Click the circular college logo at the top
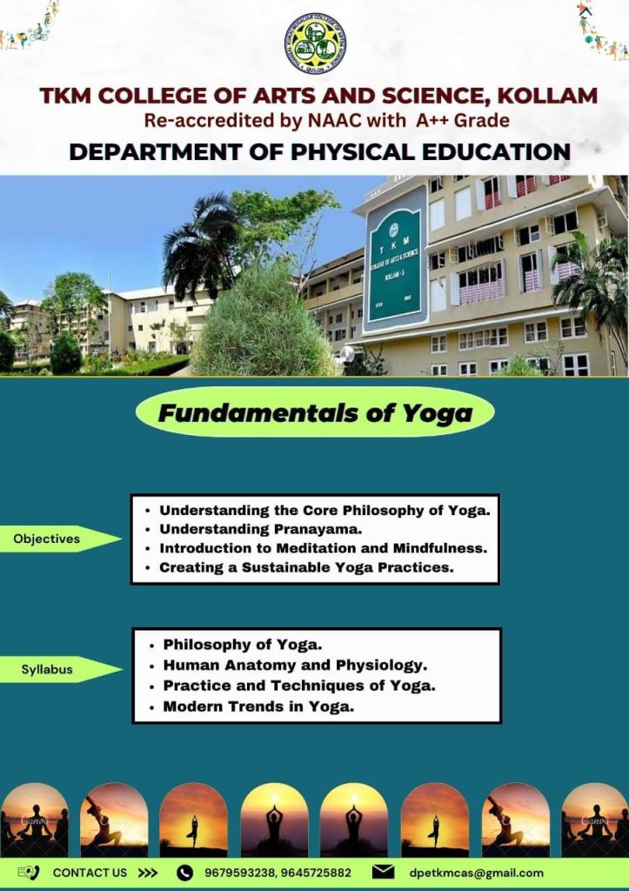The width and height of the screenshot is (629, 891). tap(315, 44)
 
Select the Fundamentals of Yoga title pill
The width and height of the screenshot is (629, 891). tap(315, 412)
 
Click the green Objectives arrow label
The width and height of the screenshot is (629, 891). tap(61, 539)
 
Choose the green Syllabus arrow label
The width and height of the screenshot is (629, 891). tap(61, 669)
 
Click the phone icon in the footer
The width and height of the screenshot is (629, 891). tap(184, 873)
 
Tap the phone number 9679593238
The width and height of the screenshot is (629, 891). tap(239, 873)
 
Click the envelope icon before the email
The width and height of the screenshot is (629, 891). tap(383, 872)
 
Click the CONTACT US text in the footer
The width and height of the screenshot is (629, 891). tap(90, 873)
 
